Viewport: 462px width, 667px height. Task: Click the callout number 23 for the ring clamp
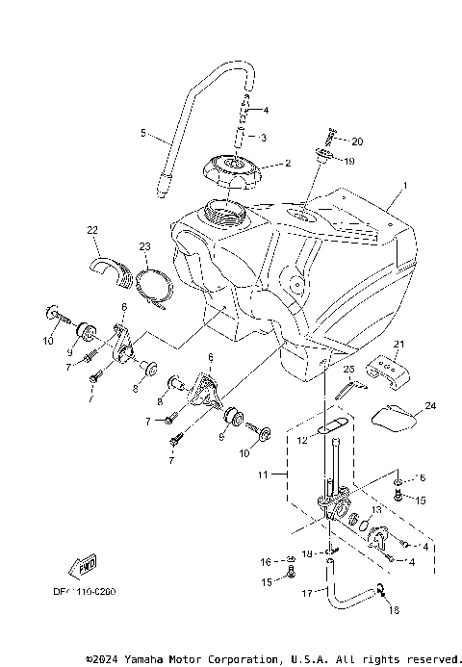point(144,247)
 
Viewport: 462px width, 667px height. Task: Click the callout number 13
point(375,509)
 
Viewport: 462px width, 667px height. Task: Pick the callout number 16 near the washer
point(265,560)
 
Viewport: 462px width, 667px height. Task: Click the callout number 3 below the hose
point(263,138)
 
